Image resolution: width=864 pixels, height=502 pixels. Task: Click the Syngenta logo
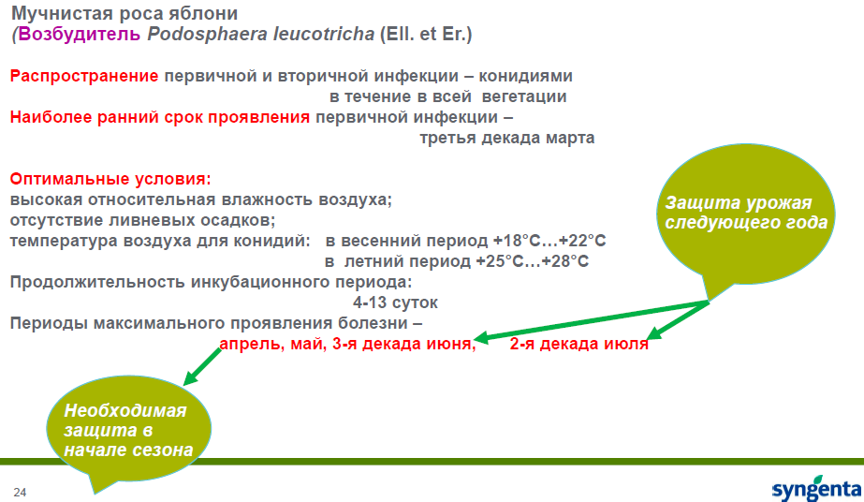(x=816, y=487)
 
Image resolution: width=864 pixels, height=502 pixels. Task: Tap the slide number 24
(x=20, y=492)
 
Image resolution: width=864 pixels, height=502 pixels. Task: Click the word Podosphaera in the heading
(x=207, y=35)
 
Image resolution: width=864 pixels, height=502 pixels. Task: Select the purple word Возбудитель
(x=80, y=34)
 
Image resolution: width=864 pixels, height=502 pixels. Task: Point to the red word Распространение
(x=84, y=77)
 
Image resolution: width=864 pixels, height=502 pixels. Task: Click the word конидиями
(x=525, y=76)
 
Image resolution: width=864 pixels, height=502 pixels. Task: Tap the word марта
(x=570, y=138)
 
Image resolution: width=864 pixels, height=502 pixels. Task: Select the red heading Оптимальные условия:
(x=110, y=179)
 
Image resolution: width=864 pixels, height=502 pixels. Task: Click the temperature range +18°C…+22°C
(x=549, y=241)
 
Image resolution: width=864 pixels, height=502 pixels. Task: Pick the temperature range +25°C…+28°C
(x=532, y=261)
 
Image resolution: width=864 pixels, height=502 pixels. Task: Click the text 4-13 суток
(x=395, y=303)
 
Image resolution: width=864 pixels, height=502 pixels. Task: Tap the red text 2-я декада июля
(x=578, y=344)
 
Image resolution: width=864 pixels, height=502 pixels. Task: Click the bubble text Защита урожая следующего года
(x=746, y=213)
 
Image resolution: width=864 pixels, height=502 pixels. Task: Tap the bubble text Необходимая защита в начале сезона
(x=128, y=431)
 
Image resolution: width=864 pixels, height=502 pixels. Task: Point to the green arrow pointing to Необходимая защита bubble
(x=202, y=366)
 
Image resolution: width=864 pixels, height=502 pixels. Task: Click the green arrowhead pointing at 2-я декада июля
(x=653, y=332)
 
